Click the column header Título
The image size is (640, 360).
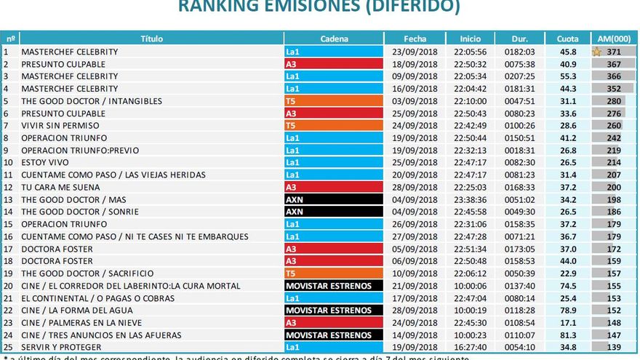pyautogui.click(x=151, y=39)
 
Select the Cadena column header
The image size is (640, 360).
pyautogui.click(x=334, y=39)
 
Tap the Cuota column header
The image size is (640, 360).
pyautogui.click(x=567, y=39)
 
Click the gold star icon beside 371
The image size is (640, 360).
pyautogui.click(x=597, y=52)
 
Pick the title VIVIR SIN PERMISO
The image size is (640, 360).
pyautogui.click(x=59, y=126)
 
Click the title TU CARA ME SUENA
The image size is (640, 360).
pyautogui.click(x=60, y=187)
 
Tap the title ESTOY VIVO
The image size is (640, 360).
pyautogui.click(x=45, y=162)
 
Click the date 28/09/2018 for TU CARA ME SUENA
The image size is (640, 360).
pyautogui.click(x=415, y=187)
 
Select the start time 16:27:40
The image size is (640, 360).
pyautogui.click(x=470, y=348)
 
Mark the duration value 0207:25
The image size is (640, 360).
pyautogui.click(x=519, y=76)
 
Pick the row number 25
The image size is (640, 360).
pyautogui.click(x=7, y=348)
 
